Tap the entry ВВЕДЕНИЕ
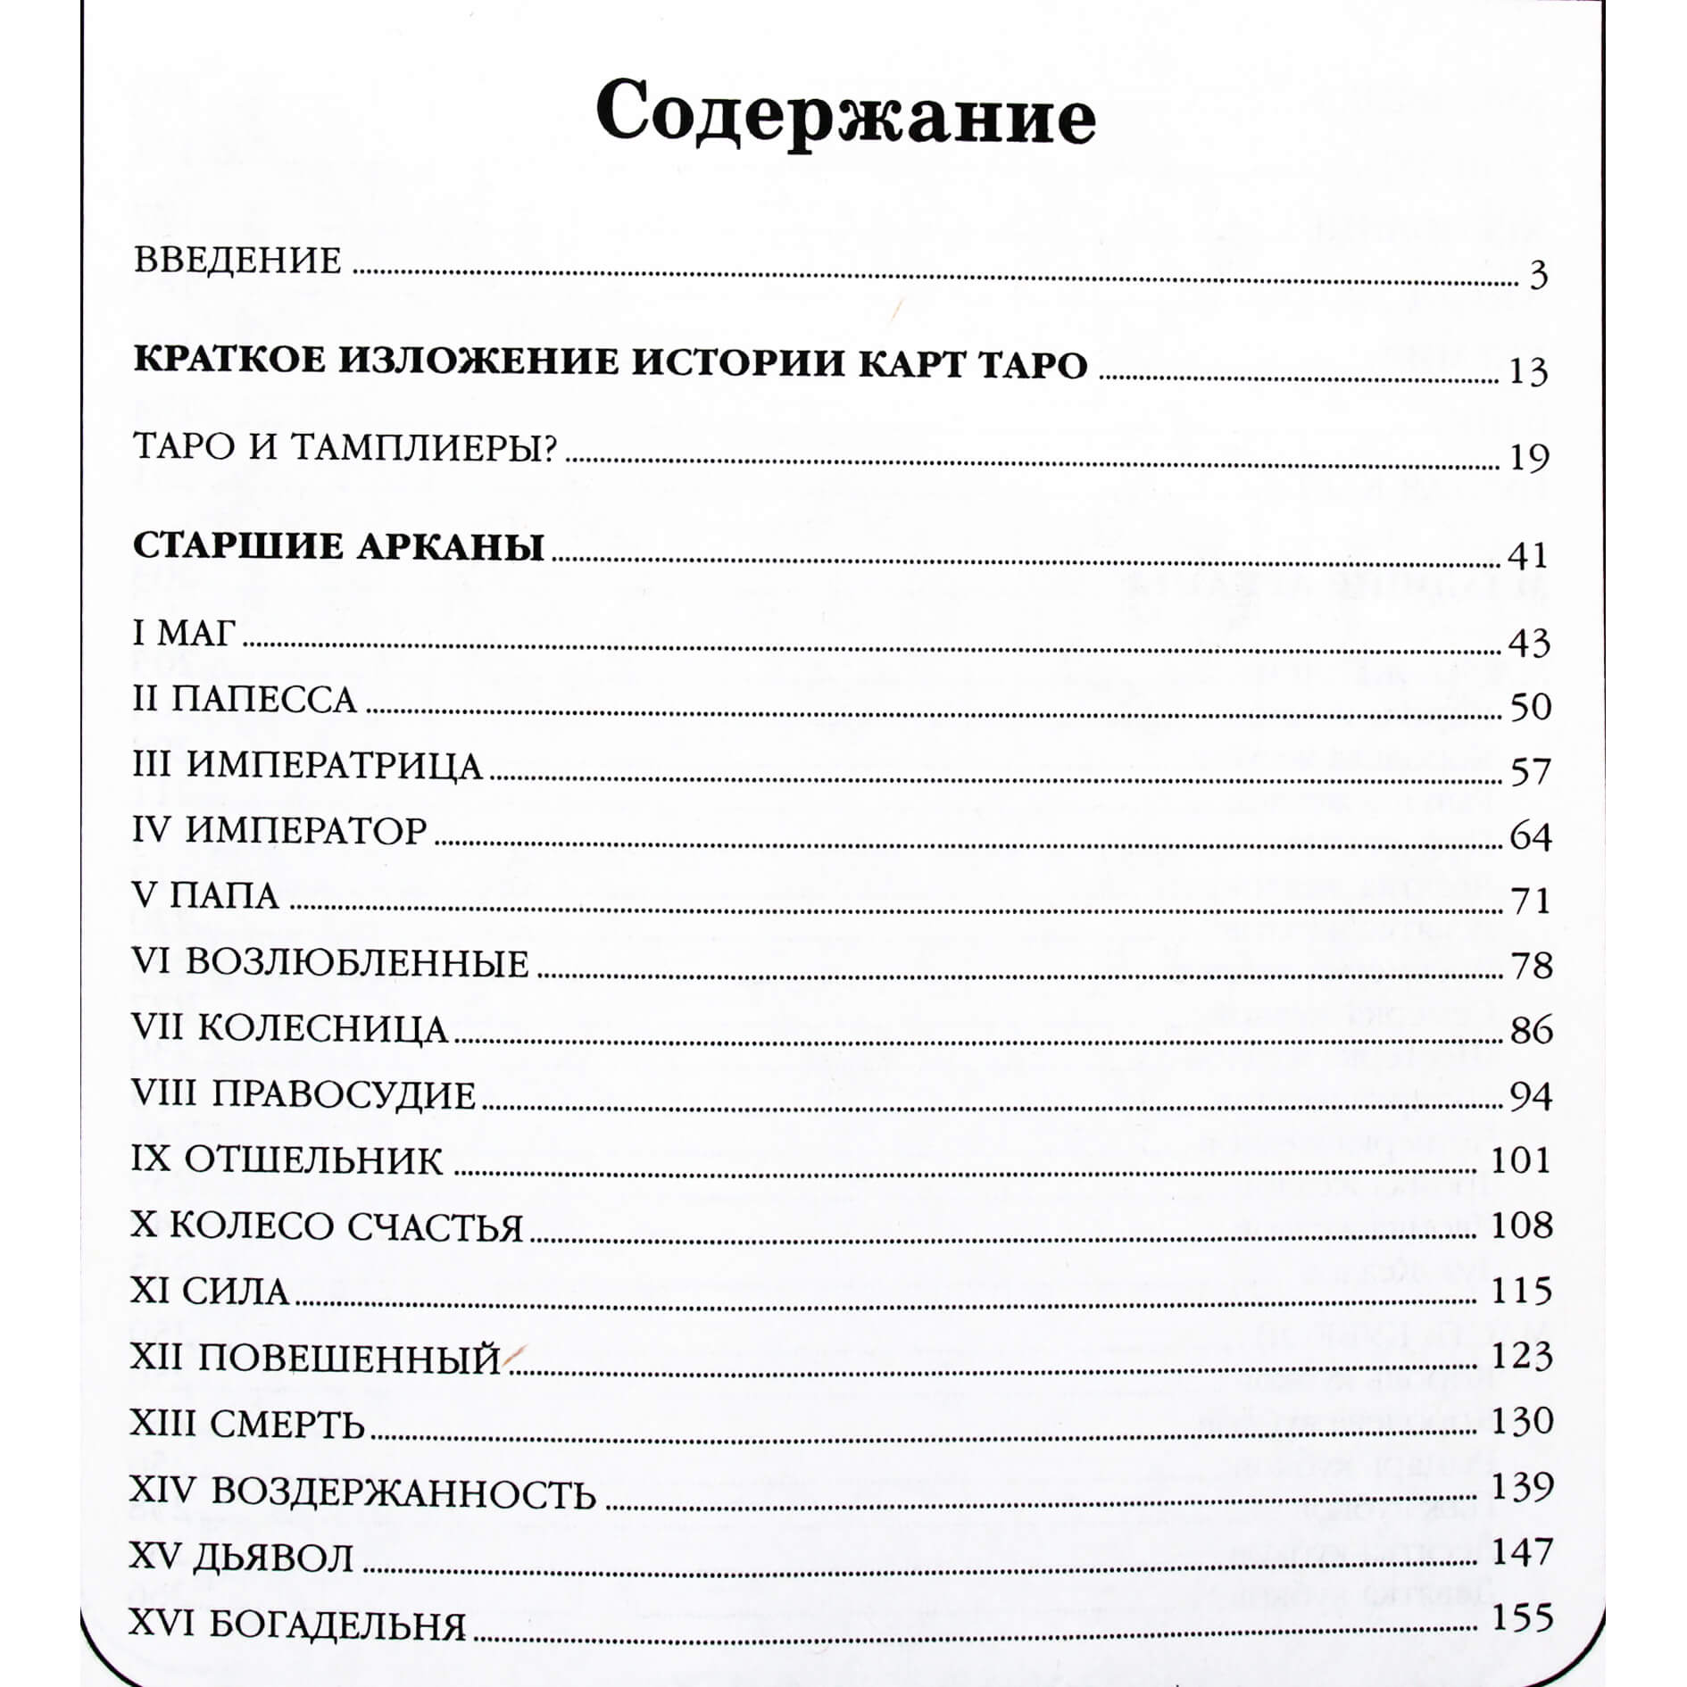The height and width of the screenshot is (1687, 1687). [x=237, y=261]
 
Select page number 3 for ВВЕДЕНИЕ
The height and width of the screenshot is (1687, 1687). [x=1538, y=276]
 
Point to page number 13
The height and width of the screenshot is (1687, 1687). [x=1527, y=371]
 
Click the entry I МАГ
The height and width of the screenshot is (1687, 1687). [x=184, y=634]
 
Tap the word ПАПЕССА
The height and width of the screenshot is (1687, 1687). [x=264, y=700]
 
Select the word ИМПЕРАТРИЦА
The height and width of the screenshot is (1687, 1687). [x=335, y=766]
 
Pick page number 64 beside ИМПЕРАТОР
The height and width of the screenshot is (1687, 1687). [x=1531, y=836]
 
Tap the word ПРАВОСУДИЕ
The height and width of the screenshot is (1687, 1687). [x=344, y=1095]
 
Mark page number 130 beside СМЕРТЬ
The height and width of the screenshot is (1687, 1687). [x=1522, y=1419]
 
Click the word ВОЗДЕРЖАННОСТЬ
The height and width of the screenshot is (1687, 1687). [x=404, y=1492]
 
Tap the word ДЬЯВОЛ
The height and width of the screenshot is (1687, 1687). [x=273, y=1558]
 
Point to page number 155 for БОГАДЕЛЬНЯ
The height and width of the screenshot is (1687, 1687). [x=1522, y=1617]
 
